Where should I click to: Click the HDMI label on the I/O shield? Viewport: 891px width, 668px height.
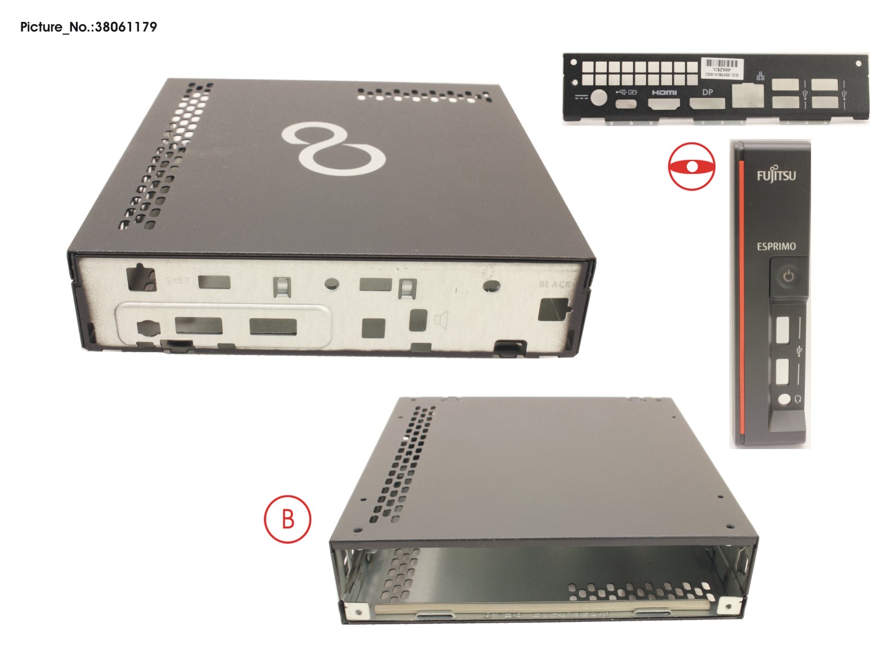(x=664, y=92)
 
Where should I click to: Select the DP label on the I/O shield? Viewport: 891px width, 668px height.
(x=708, y=92)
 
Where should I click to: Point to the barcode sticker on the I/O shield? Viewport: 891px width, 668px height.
(x=722, y=67)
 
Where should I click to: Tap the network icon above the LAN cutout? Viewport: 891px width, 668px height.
(x=760, y=77)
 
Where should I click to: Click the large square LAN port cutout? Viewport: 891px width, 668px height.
(x=747, y=95)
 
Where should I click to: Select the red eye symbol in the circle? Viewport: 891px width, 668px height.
(x=692, y=167)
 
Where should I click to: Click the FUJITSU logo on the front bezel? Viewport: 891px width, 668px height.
(x=776, y=174)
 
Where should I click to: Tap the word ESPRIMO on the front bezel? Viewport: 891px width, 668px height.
(x=776, y=246)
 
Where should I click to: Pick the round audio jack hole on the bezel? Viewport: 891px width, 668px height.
(x=784, y=400)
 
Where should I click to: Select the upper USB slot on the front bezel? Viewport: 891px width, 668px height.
(x=783, y=329)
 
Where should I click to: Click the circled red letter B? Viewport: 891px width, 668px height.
(x=288, y=518)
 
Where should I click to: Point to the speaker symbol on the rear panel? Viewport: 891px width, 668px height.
(x=441, y=321)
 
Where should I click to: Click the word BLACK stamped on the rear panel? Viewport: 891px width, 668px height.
(x=554, y=284)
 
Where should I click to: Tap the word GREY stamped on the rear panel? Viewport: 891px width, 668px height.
(x=177, y=280)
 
